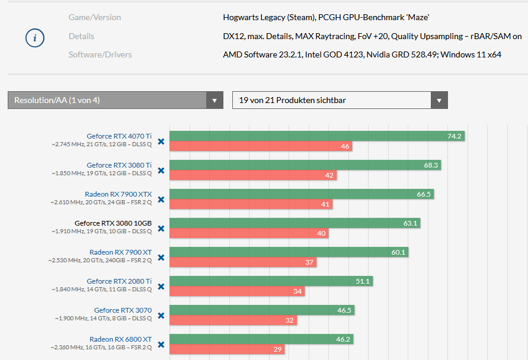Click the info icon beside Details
click(x=35, y=38)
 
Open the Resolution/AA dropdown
click(x=115, y=100)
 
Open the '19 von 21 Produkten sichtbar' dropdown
click(x=340, y=100)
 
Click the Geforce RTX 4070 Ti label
click(x=119, y=136)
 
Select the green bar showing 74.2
click(x=316, y=136)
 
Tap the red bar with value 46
click(x=261, y=146)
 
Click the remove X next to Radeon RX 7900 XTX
click(x=161, y=199)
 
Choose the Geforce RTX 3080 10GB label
click(x=113, y=223)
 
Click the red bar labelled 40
click(x=249, y=233)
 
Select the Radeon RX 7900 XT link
click(x=120, y=252)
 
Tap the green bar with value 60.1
click(x=289, y=252)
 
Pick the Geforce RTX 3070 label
click(x=123, y=310)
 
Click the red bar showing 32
click(x=233, y=320)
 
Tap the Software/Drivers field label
click(x=100, y=54)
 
